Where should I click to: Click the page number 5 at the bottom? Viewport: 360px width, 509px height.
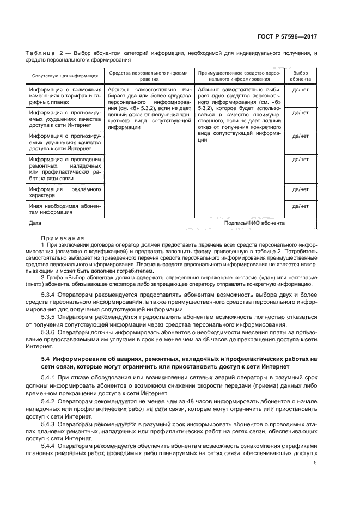point(315,463)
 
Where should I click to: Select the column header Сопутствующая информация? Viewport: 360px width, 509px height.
point(64,76)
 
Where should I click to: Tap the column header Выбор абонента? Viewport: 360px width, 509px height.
point(300,76)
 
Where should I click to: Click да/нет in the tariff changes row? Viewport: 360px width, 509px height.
point(300,89)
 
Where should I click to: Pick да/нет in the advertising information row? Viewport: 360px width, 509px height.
point(300,189)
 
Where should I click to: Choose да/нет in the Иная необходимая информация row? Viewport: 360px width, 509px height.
point(300,206)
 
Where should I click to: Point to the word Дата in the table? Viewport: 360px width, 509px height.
point(35,223)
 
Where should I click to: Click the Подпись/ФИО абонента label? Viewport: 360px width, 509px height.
point(254,223)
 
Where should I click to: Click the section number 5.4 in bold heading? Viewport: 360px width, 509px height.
point(46,359)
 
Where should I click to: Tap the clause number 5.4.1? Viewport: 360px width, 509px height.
point(51,378)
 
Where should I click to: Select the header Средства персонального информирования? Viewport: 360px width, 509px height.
point(148,76)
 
